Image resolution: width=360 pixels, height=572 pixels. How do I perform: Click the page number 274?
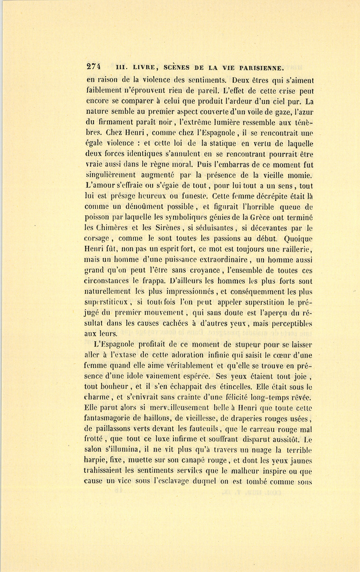(93, 67)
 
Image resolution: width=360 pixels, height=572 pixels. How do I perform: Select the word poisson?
(97, 217)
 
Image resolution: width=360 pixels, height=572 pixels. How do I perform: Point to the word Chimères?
(112, 228)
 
